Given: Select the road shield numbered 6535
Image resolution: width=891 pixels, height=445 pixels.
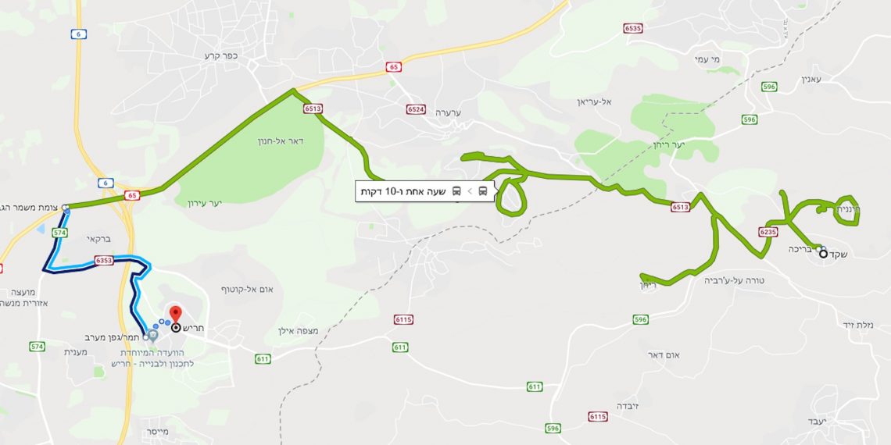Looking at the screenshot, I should click(x=633, y=28).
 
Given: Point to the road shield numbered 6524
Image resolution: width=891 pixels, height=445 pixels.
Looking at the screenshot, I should click(x=416, y=109).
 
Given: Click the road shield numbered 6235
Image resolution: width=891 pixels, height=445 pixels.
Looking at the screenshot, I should click(x=768, y=232).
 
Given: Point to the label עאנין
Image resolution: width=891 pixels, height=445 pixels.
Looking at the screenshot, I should click(x=813, y=79).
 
